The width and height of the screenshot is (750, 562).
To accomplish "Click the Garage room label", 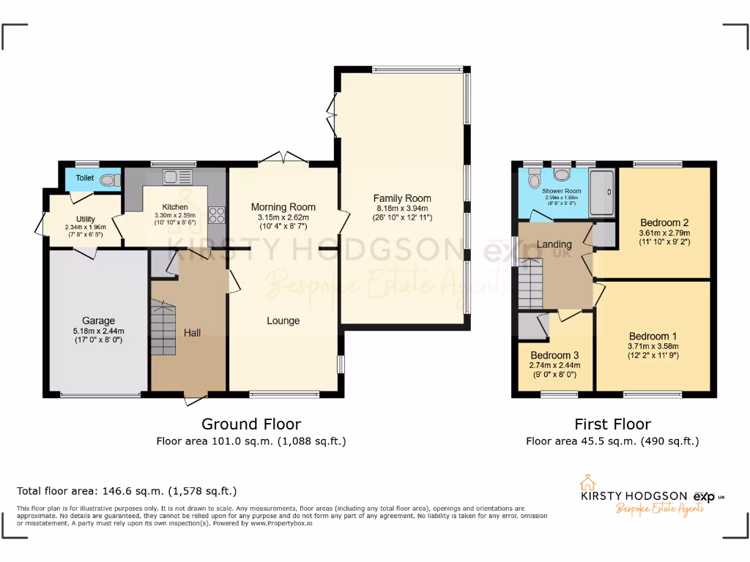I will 98,321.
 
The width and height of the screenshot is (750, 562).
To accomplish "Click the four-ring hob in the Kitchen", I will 217,214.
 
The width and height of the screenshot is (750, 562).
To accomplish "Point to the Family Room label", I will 402,198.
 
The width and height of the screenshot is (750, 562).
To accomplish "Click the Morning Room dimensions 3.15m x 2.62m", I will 283,217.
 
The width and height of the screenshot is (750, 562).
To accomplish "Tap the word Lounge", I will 283,321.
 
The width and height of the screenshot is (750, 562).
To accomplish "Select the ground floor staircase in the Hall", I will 164,329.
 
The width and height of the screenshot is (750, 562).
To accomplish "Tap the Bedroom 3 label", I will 554,356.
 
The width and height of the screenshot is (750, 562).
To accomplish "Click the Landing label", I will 554,244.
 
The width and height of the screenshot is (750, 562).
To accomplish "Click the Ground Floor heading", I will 251,424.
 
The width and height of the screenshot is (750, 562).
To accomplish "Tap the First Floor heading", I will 612,424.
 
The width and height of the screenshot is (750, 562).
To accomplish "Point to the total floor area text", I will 127,491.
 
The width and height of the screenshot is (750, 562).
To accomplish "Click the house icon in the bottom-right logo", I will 586,483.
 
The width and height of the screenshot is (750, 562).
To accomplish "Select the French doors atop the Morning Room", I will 283,159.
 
